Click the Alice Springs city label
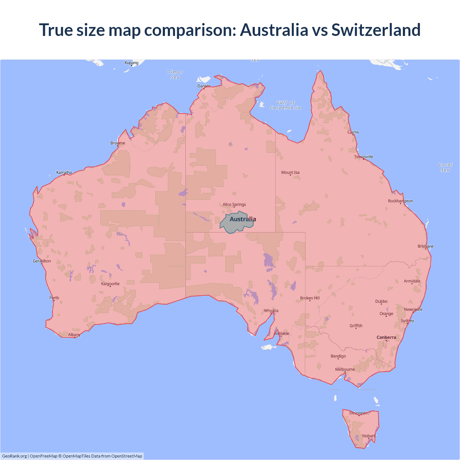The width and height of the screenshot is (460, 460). [234, 204]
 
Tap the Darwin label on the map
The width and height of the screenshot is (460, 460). [204, 86]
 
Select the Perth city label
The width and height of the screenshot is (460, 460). [54, 298]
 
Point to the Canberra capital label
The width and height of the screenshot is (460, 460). [386, 337]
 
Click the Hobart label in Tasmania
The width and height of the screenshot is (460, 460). [369, 436]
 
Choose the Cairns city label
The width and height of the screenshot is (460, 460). [353, 132]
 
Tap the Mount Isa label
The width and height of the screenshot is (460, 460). [290, 172]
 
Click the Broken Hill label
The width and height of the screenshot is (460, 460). [310, 298]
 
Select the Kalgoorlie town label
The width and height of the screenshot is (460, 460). [110, 284]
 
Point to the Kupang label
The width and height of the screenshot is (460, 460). [132, 63]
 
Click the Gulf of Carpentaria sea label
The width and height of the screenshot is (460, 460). [285, 105]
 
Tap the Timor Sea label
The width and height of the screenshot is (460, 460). [175, 75]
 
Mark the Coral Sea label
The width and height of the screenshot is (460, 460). [445, 167]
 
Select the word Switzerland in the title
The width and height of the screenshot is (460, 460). [376, 30]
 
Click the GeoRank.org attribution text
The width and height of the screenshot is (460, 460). [14, 456]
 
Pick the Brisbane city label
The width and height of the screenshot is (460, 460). [425, 246]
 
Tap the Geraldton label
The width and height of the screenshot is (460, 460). [42, 261]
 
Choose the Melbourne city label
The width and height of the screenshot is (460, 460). [345, 369]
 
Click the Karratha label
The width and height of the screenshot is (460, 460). [64, 172]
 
